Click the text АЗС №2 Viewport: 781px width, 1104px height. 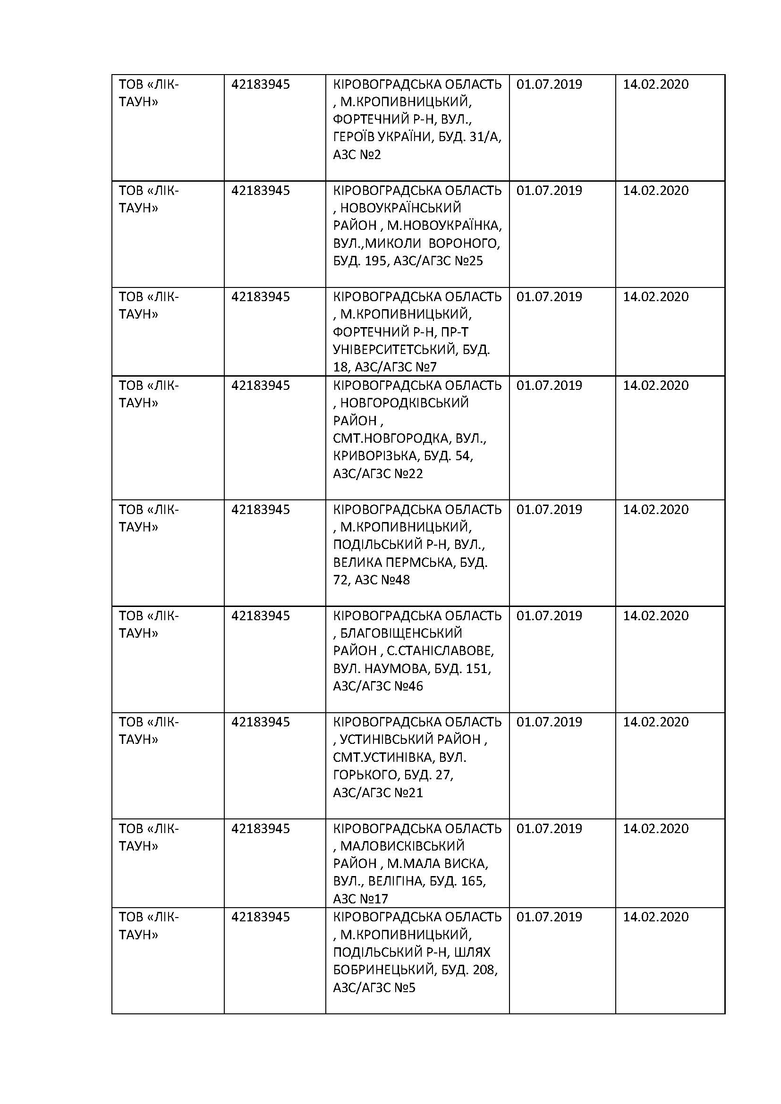click(357, 155)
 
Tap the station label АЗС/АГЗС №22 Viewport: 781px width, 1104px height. click(378, 473)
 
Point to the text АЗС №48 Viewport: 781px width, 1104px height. click(382, 580)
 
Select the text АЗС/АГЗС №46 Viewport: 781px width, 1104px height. click(378, 686)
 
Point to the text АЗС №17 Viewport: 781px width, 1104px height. click(360, 899)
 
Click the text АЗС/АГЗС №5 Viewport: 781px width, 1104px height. click(374, 987)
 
